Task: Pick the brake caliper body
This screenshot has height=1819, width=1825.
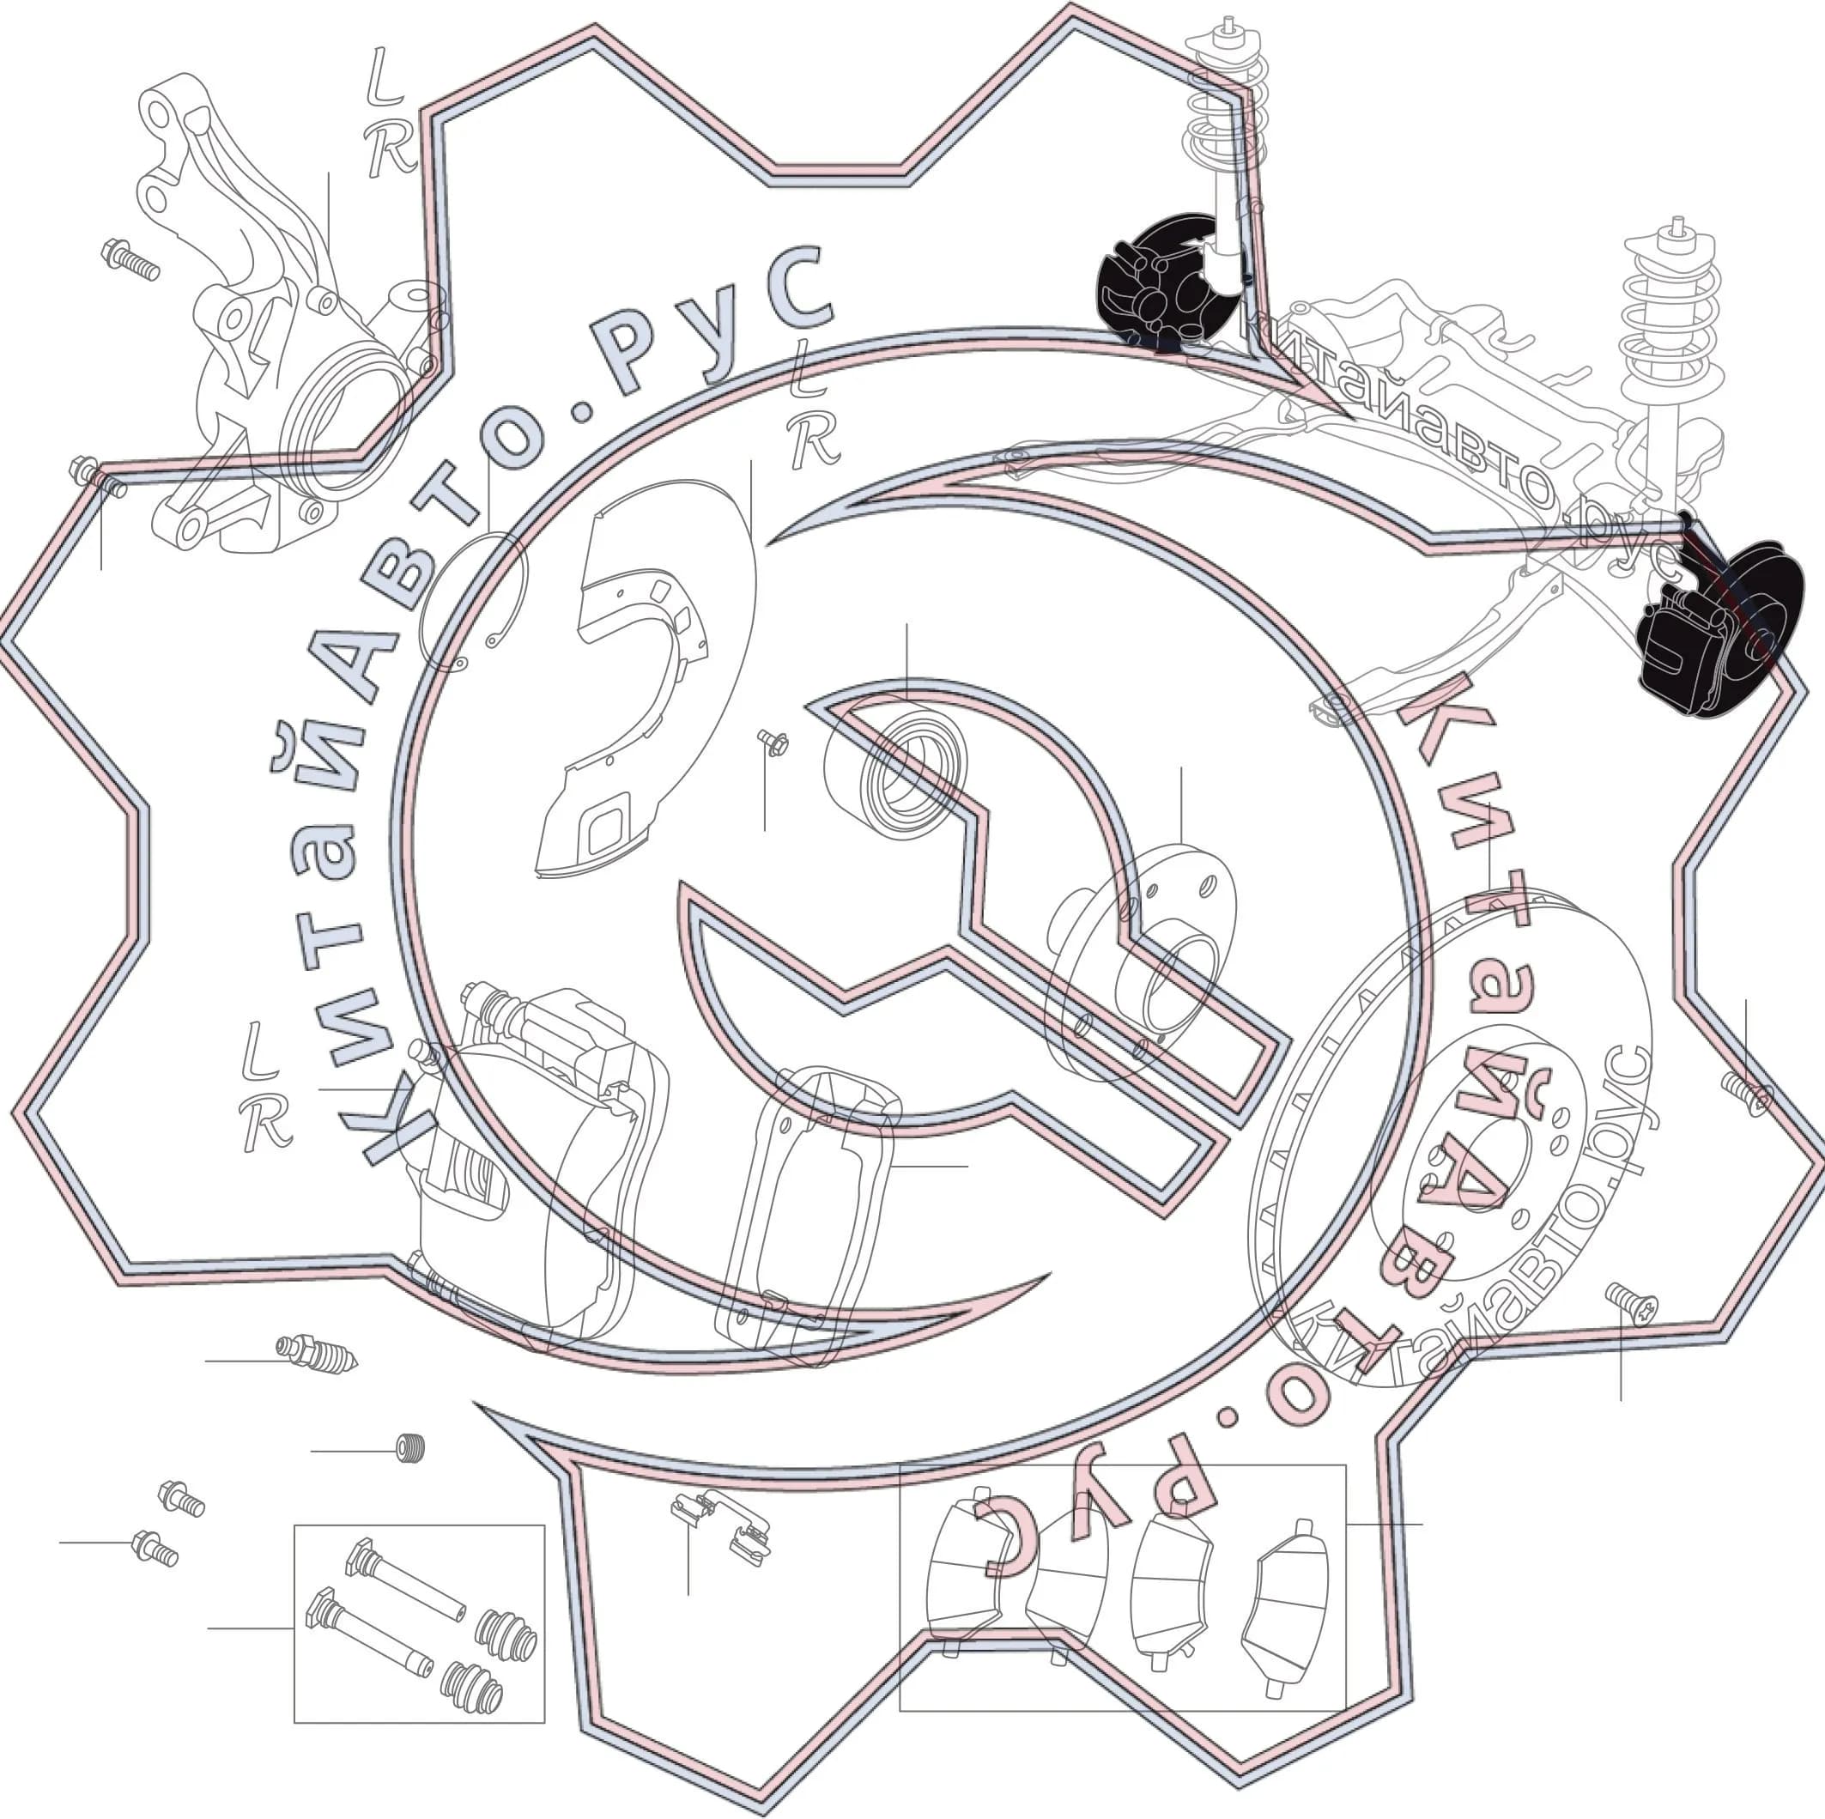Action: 538,1161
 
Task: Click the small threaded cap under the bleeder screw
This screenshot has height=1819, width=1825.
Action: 409,1449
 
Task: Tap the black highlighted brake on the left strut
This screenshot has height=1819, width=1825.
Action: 1167,283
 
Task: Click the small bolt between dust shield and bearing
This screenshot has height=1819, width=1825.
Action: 772,743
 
